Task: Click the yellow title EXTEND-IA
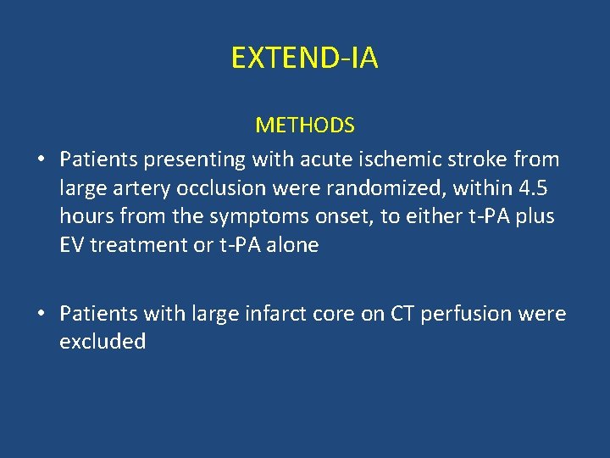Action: point(305,58)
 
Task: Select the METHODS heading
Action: point(305,126)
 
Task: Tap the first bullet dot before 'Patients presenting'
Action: point(40,159)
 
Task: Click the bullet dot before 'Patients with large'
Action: point(40,314)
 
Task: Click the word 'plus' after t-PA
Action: point(535,216)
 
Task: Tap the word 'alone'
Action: point(291,245)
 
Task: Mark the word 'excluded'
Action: point(103,342)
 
